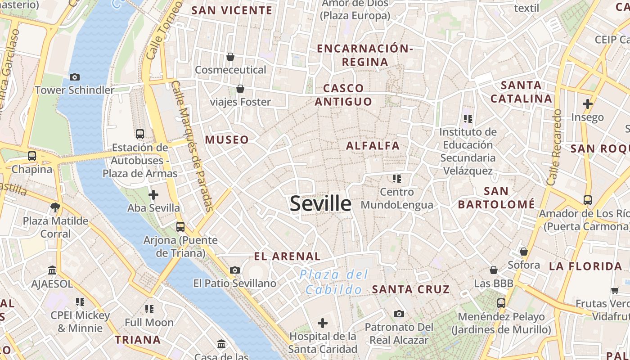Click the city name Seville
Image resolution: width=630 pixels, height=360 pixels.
coord(320,204)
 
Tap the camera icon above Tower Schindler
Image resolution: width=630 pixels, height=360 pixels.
coord(75,77)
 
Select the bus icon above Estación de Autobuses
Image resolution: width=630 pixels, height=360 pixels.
coord(140,134)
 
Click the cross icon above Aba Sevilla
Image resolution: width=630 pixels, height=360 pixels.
coord(153,195)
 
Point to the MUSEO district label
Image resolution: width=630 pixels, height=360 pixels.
coord(227,140)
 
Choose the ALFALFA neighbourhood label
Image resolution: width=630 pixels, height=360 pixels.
coord(373,146)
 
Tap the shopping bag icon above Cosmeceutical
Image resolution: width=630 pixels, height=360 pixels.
coord(230,57)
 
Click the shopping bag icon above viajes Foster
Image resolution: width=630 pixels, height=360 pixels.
coord(240,89)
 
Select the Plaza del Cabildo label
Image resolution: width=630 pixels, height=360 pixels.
coord(334,282)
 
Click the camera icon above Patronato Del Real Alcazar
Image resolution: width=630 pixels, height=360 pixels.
coord(399,314)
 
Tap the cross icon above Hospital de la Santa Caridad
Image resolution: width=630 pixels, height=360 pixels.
coord(323,323)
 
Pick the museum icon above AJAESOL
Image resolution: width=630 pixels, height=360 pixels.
coord(52,270)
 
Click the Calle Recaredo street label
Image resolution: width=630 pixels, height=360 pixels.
coord(554,147)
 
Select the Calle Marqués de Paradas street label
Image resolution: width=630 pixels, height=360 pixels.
coord(192,146)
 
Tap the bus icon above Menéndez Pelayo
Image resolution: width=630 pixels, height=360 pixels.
coord(501,303)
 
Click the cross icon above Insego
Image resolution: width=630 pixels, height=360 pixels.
coord(587,104)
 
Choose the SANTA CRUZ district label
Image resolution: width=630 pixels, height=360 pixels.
coord(411,289)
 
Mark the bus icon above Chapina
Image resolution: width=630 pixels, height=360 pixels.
coord(32,156)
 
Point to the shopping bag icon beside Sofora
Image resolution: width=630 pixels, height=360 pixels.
coord(524,252)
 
